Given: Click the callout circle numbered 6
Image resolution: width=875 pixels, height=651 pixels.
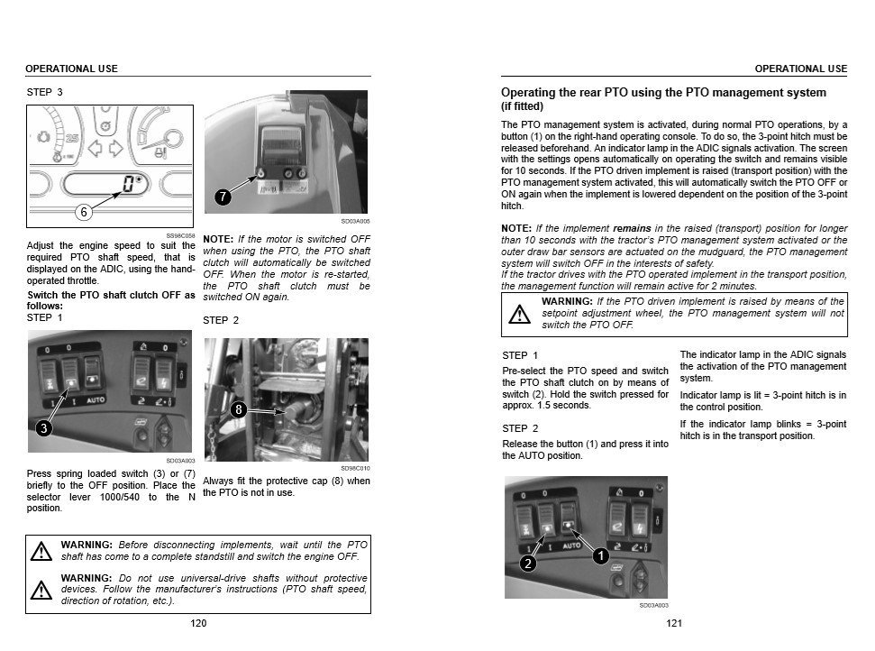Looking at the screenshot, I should (83, 213).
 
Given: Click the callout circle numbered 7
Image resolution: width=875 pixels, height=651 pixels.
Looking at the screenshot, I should (223, 196).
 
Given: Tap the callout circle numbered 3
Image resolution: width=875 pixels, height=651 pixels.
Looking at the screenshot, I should (42, 429).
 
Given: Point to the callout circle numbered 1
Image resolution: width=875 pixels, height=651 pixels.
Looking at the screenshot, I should (598, 556).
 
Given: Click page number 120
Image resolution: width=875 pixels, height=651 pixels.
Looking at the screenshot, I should (198, 623).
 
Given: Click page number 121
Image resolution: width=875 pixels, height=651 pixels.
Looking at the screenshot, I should (674, 623).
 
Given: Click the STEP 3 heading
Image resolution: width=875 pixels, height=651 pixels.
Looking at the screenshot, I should (45, 92).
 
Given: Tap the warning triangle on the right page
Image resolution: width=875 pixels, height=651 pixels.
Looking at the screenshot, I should (520, 314).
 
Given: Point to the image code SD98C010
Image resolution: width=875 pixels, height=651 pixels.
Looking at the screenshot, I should (355, 468).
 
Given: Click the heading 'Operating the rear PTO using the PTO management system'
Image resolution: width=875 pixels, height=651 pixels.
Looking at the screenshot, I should (662, 93).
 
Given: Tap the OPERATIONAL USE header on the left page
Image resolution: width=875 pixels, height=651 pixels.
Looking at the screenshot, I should (71, 69).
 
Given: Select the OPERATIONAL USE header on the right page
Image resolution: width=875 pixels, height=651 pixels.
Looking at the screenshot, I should (800, 69).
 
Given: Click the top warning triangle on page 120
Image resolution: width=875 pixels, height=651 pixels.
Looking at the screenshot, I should (41, 552).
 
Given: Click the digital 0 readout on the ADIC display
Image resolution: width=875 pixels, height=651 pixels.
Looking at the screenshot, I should (130, 185).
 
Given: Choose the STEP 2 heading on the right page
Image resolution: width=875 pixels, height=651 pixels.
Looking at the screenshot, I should (520, 428).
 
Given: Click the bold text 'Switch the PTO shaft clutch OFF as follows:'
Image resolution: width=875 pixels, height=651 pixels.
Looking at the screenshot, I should (111, 300).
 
